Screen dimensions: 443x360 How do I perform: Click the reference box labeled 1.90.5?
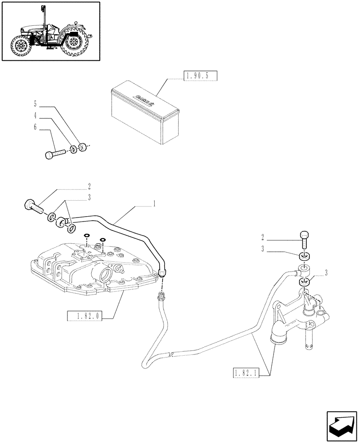[199, 76]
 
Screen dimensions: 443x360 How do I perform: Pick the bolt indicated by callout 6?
[54, 153]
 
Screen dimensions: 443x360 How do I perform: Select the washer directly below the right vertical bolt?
[304, 256]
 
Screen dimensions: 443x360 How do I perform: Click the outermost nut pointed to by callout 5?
[82, 146]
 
